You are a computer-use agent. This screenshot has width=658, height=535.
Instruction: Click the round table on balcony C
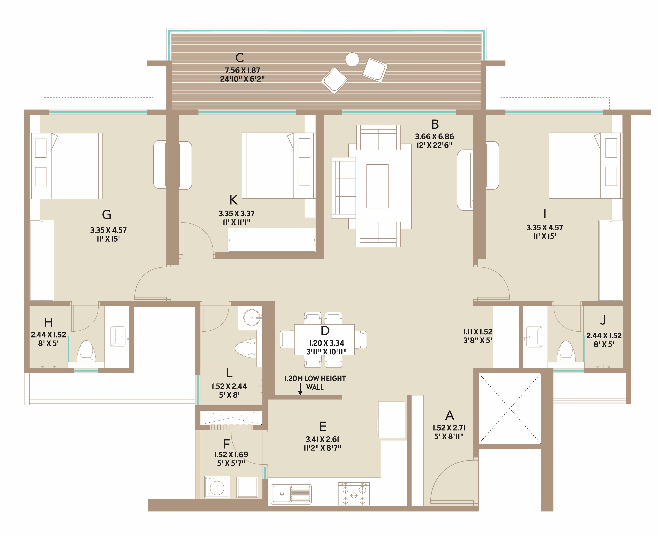(352, 60)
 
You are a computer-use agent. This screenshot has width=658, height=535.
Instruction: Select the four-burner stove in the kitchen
(354, 494)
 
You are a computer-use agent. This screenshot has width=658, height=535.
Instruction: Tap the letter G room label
(107, 214)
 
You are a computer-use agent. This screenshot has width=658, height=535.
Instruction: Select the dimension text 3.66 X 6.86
(435, 136)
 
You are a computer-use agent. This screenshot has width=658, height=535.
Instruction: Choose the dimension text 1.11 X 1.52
(478, 332)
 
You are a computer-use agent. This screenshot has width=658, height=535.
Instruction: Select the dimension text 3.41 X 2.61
(322, 439)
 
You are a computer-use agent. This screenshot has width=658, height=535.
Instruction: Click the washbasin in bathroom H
(118, 336)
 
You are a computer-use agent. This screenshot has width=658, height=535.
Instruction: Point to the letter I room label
(545, 213)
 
